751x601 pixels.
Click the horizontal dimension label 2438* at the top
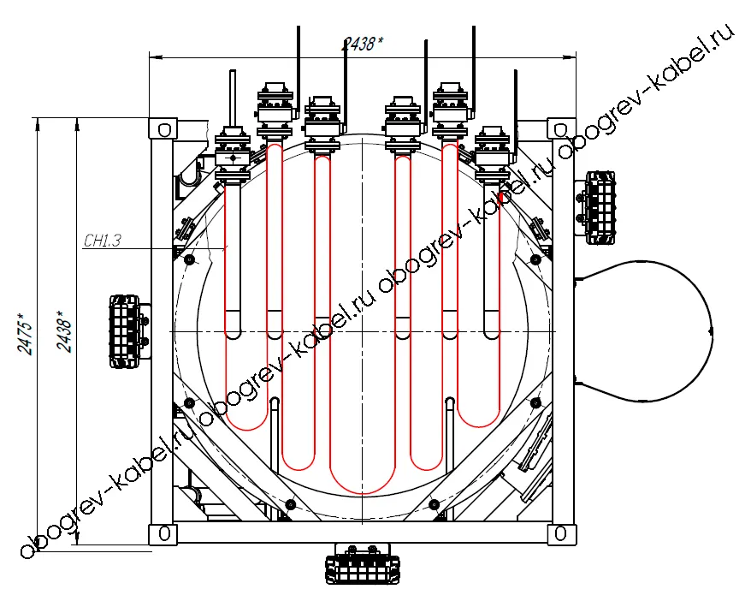(362, 44)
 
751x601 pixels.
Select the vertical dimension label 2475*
(26, 334)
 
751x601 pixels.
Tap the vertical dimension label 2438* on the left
(64, 330)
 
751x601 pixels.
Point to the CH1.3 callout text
(103, 240)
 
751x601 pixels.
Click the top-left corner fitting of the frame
(163, 129)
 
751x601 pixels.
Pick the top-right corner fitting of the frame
(561, 129)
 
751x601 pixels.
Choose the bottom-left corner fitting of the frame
(163, 534)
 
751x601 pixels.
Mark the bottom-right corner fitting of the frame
(561, 534)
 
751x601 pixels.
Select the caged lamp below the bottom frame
(362, 564)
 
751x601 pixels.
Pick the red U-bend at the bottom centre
(362, 493)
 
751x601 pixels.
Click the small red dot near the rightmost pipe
(501, 197)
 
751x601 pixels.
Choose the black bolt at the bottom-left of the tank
(290, 504)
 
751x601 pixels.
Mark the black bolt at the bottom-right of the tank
(434, 504)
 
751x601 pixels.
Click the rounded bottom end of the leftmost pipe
(233, 334)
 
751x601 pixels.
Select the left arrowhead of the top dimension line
(156, 58)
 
